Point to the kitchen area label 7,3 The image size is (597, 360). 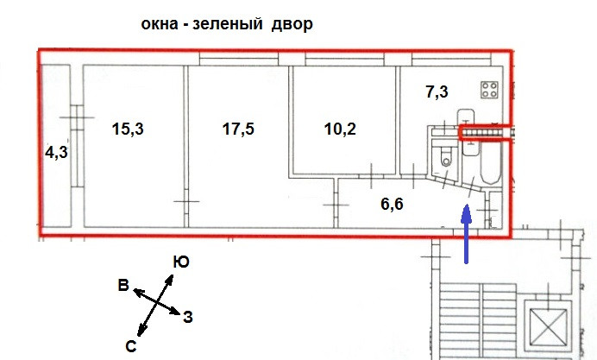tap(437, 91)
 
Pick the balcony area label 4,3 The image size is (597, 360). tap(57, 153)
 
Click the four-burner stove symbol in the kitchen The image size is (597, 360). tap(490, 90)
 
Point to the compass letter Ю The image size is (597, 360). tap(180, 262)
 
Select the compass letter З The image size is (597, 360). tap(187, 317)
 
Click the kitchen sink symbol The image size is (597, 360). tap(467, 117)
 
